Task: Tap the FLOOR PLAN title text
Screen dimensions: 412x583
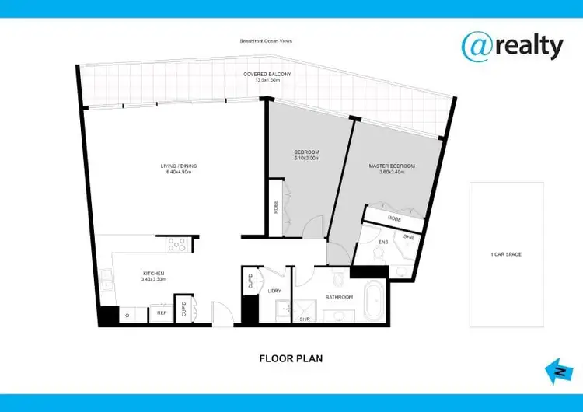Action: point(291,359)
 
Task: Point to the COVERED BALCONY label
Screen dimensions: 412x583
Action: point(267,73)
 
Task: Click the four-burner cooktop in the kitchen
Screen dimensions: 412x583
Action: point(177,244)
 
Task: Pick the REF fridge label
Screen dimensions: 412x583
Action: point(162,313)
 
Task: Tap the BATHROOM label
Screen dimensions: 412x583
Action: point(339,297)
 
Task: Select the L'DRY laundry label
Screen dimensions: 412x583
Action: point(274,291)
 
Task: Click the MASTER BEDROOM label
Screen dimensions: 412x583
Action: point(391,166)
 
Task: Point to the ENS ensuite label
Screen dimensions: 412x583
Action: point(382,243)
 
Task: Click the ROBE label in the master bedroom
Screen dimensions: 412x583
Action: point(395,218)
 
